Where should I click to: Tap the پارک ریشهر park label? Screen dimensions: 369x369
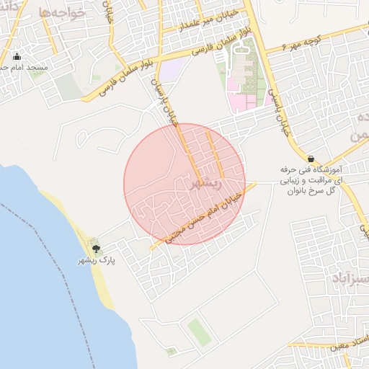click(x=97, y=260)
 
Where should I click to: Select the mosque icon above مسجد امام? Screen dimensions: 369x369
click(x=17, y=57)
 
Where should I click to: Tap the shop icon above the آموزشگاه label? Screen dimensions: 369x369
click(x=311, y=159)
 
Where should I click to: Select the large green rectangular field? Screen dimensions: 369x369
click(x=197, y=331)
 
